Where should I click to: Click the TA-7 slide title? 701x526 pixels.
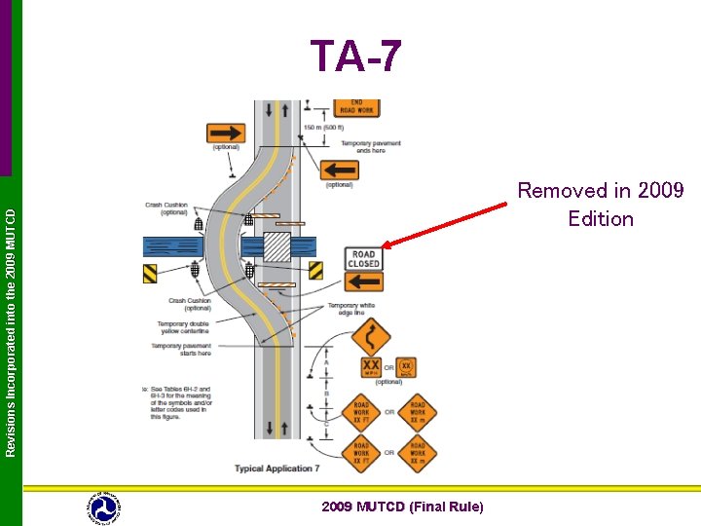coord(355,56)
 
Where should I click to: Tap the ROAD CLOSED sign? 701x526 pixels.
coord(363,259)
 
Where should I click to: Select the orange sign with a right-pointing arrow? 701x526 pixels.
coord(226,132)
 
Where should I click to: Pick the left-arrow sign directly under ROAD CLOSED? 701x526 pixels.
coord(363,282)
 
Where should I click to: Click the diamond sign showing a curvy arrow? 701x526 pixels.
coord(371,339)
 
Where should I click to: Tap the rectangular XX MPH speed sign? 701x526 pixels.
coord(371,367)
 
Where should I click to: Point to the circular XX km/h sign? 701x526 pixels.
coord(406,367)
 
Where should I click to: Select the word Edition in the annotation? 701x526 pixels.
coord(601,218)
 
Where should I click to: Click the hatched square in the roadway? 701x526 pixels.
coord(277,245)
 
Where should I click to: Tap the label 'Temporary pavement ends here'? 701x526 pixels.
coord(364,147)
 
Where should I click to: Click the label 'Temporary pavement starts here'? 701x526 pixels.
coord(181,349)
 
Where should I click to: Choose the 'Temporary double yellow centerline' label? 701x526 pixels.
coord(184,328)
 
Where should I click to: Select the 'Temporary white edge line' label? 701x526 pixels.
coord(351,309)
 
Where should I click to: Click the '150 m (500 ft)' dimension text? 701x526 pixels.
coord(321,128)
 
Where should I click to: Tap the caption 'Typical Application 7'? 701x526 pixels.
coord(277,469)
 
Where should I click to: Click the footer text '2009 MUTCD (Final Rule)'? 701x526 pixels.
coord(402,506)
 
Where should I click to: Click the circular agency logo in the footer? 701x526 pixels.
coord(104,507)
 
